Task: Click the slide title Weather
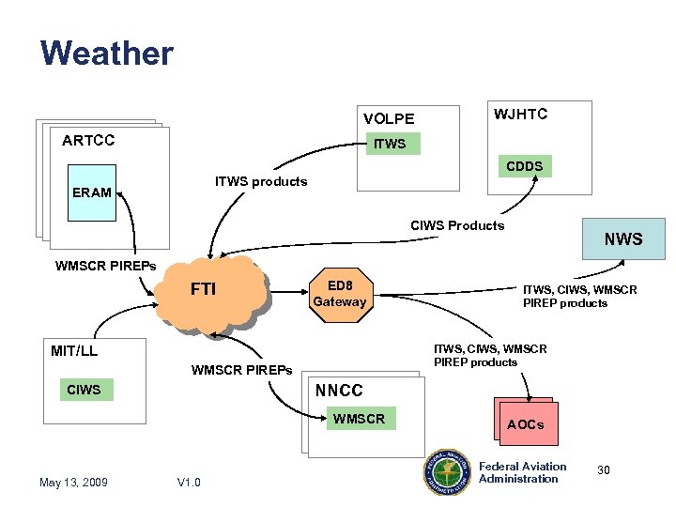(x=107, y=53)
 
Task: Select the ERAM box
(x=92, y=192)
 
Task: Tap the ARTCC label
(x=88, y=141)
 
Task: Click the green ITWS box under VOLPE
(x=391, y=144)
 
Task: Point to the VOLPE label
(x=389, y=118)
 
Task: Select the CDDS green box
(x=524, y=166)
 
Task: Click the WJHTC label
(x=521, y=114)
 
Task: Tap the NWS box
(x=623, y=239)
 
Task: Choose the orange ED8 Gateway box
(x=340, y=294)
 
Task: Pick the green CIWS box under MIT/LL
(x=84, y=390)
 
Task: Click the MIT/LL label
(x=74, y=351)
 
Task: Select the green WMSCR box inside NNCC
(x=359, y=419)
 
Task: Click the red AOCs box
(x=526, y=424)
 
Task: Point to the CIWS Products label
(x=457, y=225)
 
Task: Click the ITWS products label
(x=261, y=181)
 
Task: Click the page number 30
(x=604, y=469)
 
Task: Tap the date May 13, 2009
(x=73, y=483)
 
